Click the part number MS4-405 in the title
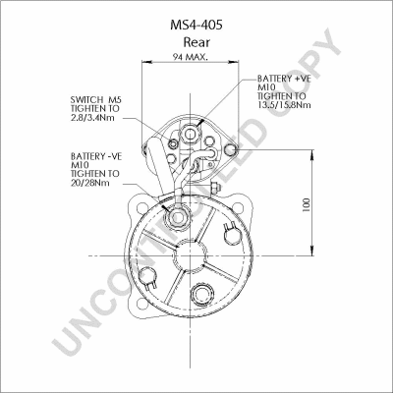click(x=196, y=25)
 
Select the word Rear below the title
click(x=196, y=42)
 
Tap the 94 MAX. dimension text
click(x=191, y=57)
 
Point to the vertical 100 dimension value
click(x=307, y=204)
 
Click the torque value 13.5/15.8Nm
click(x=284, y=105)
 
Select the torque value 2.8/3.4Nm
click(x=92, y=118)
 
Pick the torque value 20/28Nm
click(x=90, y=183)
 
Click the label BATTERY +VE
click(x=284, y=79)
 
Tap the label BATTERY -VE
click(x=96, y=156)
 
